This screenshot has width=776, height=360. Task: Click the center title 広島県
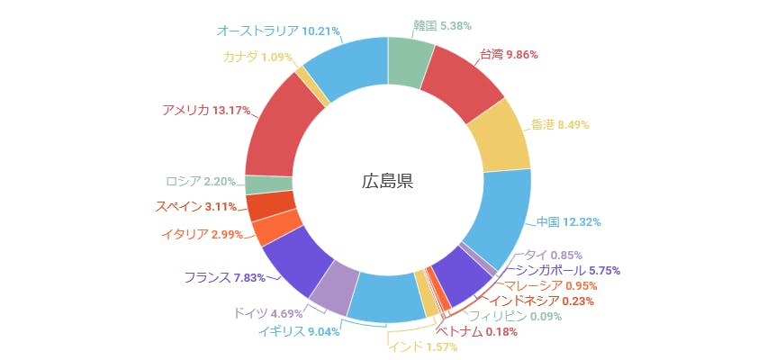click(387, 181)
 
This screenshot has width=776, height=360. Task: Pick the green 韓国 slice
click(410, 63)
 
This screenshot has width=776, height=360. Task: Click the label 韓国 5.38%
click(442, 26)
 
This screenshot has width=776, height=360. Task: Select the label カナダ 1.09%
click(257, 56)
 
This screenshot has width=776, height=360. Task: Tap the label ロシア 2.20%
click(201, 180)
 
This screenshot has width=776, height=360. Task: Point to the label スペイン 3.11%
click(195, 206)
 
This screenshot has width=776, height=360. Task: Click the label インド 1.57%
click(417, 346)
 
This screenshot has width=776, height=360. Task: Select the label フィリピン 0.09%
click(516, 316)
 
